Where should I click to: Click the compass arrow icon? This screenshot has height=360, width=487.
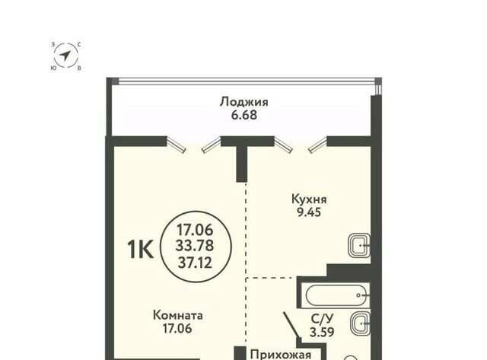click(65, 56)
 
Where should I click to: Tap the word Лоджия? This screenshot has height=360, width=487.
click(243, 102)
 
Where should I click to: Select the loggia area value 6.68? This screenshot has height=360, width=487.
click(244, 115)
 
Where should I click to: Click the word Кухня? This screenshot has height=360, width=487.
click(309, 199)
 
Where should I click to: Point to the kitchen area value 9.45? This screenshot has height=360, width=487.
click(309, 212)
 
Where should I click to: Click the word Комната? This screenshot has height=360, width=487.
click(178, 315)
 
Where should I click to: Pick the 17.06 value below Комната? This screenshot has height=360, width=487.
click(177, 329)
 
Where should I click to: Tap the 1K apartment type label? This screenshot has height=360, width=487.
click(140, 250)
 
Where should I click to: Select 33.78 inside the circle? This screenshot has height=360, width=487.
click(195, 246)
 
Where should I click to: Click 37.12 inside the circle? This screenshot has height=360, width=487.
click(195, 263)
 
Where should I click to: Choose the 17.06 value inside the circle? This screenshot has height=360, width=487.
click(195, 230)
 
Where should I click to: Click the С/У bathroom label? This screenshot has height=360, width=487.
click(323, 319)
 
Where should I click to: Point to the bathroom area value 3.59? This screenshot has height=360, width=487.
click(322, 333)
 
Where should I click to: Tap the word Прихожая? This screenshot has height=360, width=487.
click(281, 355)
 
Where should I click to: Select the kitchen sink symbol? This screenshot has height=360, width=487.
click(359, 245)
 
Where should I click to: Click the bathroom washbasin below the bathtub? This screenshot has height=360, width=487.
click(360, 323)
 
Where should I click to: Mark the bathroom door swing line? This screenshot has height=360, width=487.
click(291, 325)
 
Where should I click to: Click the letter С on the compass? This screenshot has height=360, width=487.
click(79, 45)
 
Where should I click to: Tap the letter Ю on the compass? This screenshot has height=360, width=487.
click(53, 68)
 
